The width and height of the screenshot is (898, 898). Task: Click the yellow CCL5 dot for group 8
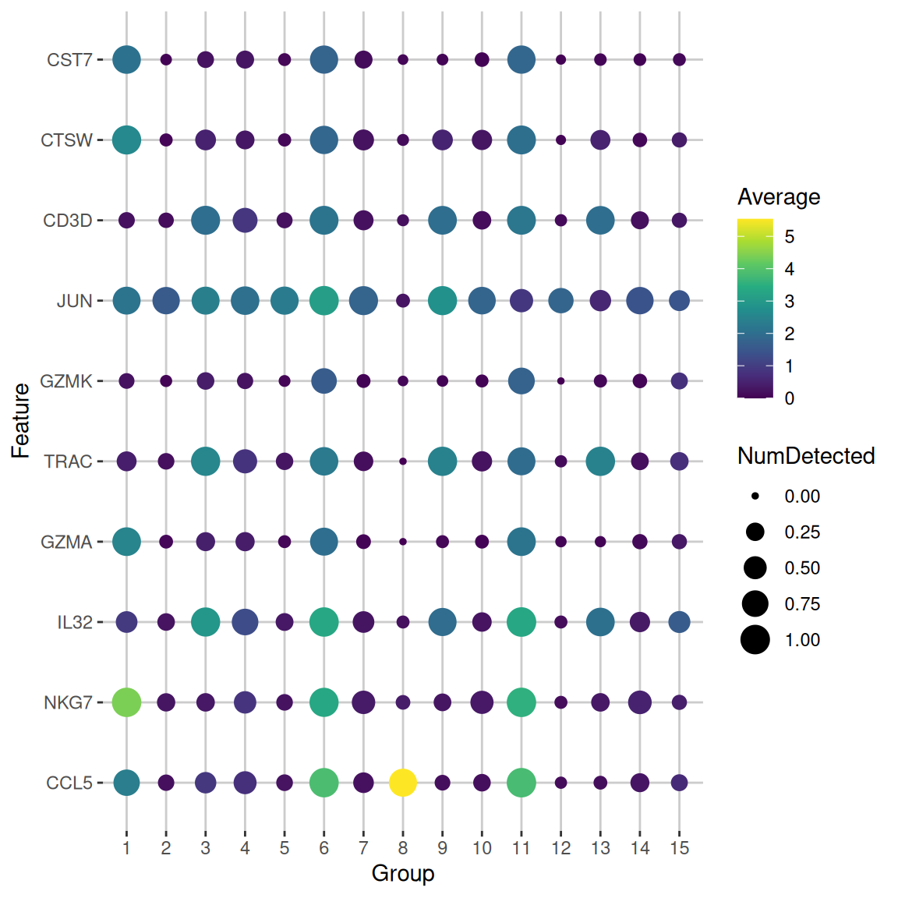pyautogui.click(x=403, y=782)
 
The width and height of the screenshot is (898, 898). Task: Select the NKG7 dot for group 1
pyautogui.click(x=126, y=702)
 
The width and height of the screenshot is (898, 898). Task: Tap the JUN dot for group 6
pyautogui.click(x=323, y=300)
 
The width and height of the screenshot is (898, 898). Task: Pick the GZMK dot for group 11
pyautogui.click(x=521, y=380)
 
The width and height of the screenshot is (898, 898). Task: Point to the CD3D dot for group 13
pyautogui.click(x=600, y=220)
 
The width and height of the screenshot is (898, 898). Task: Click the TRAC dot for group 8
pyautogui.click(x=403, y=461)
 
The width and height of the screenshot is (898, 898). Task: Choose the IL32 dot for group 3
pyautogui.click(x=205, y=622)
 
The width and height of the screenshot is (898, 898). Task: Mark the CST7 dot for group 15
pyautogui.click(x=679, y=59)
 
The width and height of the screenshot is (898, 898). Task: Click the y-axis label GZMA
pyautogui.click(x=66, y=542)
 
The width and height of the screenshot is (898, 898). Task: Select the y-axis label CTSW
pyautogui.click(x=66, y=140)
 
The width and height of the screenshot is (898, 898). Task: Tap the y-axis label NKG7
pyautogui.click(x=68, y=702)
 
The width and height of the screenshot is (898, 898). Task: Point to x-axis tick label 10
pyautogui.click(x=482, y=848)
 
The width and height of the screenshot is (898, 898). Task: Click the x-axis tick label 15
pyautogui.click(x=679, y=848)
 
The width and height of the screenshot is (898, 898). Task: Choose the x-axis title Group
pyautogui.click(x=403, y=873)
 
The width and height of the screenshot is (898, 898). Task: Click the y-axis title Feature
pyautogui.click(x=21, y=421)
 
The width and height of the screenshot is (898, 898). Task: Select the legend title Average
pyautogui.click(x=779, y=196)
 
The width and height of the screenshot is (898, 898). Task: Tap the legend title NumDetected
pyautogui.click(x=806, y=456)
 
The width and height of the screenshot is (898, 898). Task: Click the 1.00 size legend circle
pyautogui.click(x=755, y=639)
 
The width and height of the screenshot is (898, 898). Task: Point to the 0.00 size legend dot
pyautogui.click(x=755, y=496)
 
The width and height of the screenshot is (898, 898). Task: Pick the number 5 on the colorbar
pyautogui.click(x=790, y=236)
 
